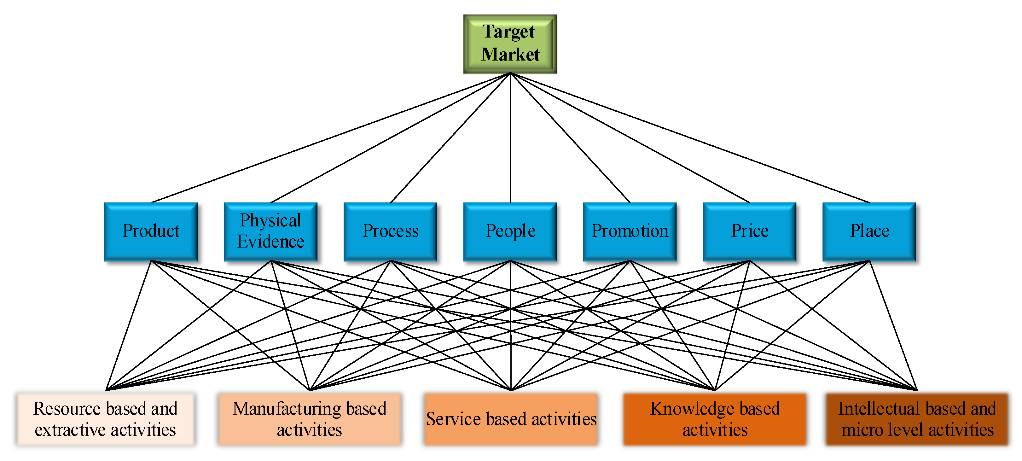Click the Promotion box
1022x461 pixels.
coord(630,232)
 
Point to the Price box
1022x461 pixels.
coord(750,232)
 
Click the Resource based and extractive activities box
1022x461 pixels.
coord(106,419)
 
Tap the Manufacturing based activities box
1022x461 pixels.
coord(310,419)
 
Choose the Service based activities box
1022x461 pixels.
coord(511,419)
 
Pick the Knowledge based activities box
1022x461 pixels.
coord(715,419)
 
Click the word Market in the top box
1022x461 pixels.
coord(511,54)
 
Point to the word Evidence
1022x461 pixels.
coord(270,242)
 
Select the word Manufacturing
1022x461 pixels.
coord(287,409)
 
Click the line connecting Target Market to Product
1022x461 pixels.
coord(330,138)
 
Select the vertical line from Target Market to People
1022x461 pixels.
coord(510,138)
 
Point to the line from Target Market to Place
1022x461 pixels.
coord(690,138)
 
